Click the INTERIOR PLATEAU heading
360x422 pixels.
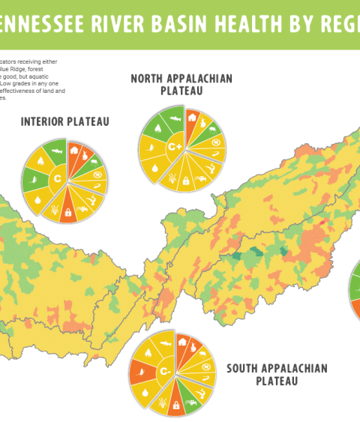pyautogui.click(x=65, y=121)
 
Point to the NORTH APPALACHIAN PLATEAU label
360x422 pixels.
pyautogui.click(x=181, y=84)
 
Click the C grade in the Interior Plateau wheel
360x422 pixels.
pyautogui.click(x=57, y=178)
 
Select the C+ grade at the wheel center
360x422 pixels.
pyautogui.click(x=175, y=146)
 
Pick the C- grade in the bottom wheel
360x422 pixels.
pyautogui.click(x=165, y=370)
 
